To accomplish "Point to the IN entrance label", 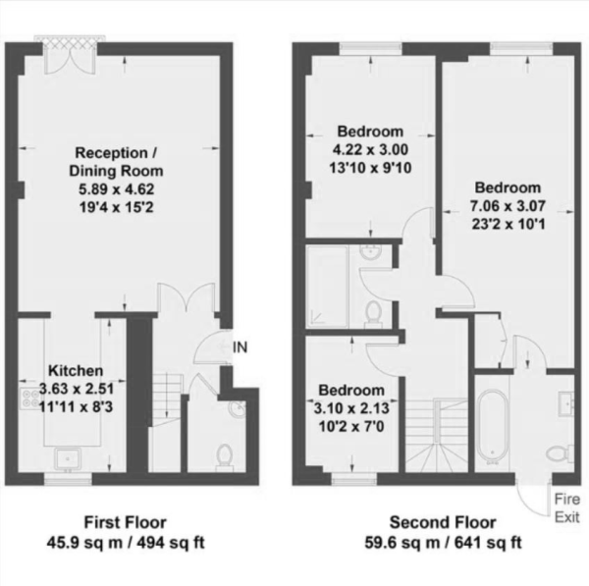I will (x=240, y=346).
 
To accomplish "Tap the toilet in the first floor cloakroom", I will (x=224, y=455).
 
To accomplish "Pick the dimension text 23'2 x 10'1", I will (x=508, y=223).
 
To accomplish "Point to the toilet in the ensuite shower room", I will (x=373, y=313).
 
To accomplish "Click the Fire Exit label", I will (x=566, y=506).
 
